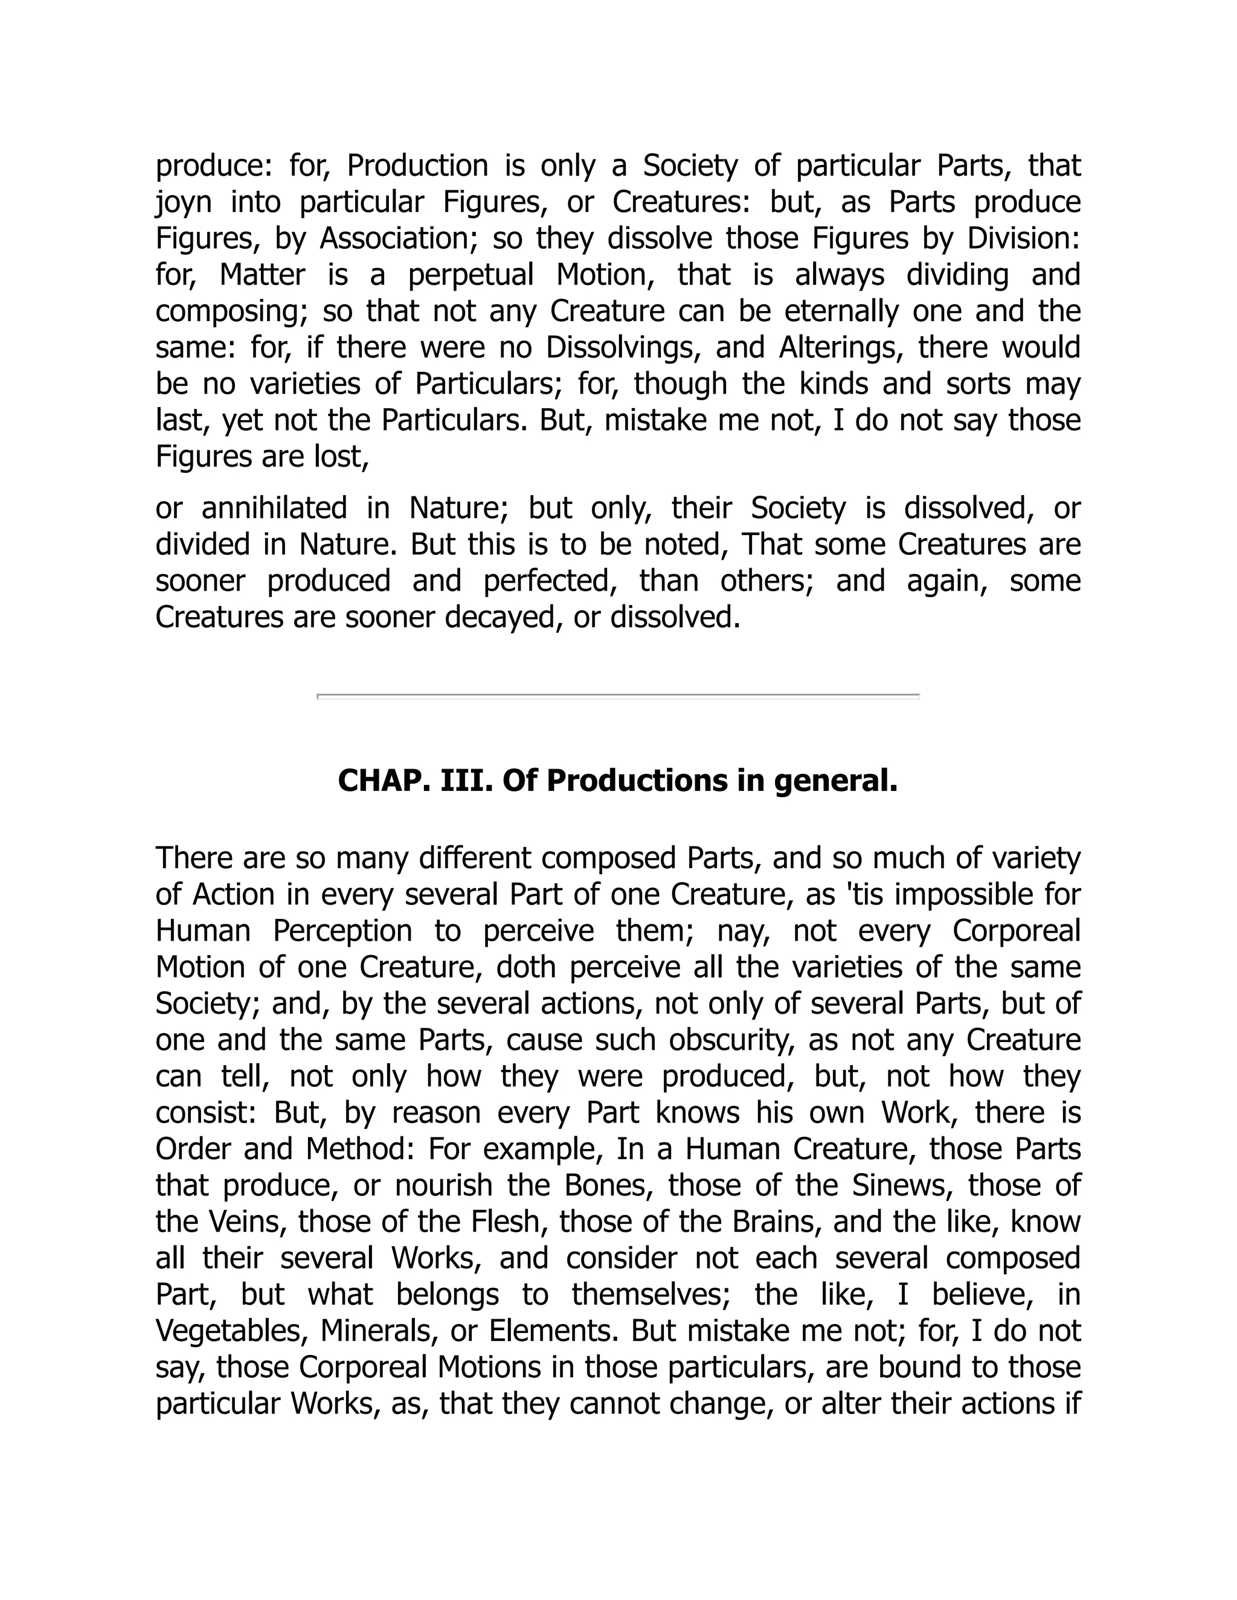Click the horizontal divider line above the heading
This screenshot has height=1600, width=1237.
[x=618, y=695]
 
